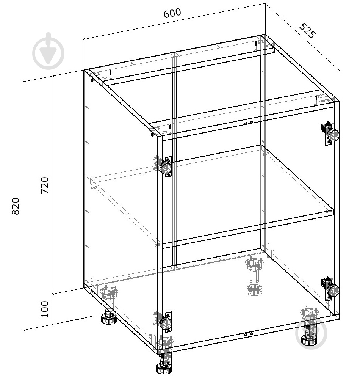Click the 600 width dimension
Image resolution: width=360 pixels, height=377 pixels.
(x=172, y=13)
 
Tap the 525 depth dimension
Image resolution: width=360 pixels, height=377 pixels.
(x=307, y=30)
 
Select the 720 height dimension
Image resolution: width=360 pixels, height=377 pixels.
(x=45, y=185)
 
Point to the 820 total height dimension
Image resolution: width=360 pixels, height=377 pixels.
(x=16, y=206)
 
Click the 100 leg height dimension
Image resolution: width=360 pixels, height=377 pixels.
(x=45, y=309)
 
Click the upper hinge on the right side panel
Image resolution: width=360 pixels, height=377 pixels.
(x=330, y=134)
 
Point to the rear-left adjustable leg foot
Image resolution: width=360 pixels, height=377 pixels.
(x=108, y=305)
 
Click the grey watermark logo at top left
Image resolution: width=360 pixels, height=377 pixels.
(x=49, y=51)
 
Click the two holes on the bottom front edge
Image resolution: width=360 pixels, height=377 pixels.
(x=248, y=334)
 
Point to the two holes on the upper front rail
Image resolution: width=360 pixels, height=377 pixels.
(x=248, y=123)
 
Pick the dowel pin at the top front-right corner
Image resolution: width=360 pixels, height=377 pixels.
(x=315, y=101)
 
